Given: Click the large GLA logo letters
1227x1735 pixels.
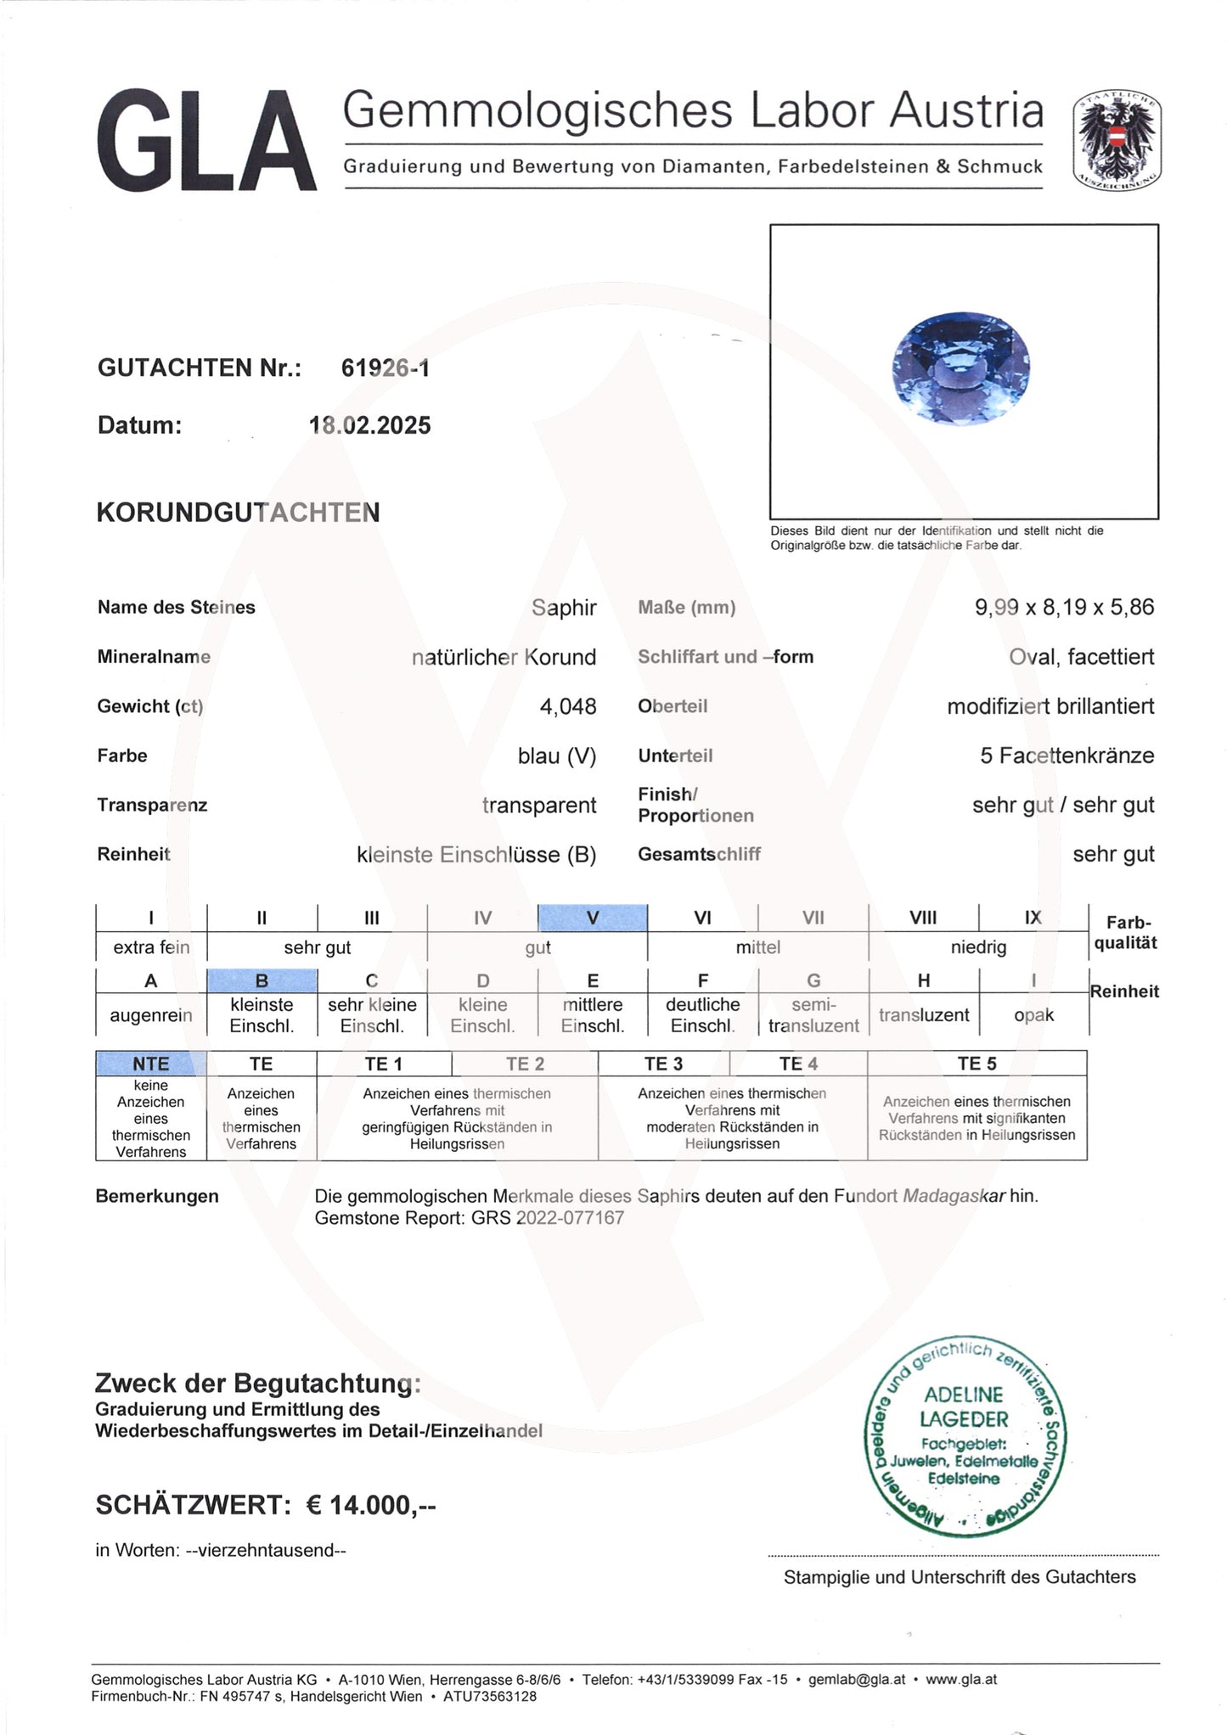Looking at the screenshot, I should (206, 141).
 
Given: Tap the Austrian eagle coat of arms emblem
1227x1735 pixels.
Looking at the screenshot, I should (1117, 140).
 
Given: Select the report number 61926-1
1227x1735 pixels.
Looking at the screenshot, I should (385, 368).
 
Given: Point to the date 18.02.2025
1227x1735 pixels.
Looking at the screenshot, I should (370, 425).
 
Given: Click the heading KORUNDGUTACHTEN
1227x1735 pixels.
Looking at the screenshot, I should (238, 513).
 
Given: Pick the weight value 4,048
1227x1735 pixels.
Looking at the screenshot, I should (568, 706).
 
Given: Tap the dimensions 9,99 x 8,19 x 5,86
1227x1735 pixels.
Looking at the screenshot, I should (1064, 608).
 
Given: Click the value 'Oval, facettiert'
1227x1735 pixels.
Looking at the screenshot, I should (1081, 657).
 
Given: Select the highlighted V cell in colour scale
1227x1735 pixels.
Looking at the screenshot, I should (593, 918).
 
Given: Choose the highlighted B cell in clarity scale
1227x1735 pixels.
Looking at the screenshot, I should (262, 981).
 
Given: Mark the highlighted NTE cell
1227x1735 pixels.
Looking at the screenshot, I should (151, 1064).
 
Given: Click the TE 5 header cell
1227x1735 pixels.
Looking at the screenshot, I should (977, 1064).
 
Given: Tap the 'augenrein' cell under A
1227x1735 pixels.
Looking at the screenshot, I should (151, 1015).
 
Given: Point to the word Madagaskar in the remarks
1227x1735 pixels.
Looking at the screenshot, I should (954, 1196).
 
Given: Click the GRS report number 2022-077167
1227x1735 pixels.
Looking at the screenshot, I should (570, 1218).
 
